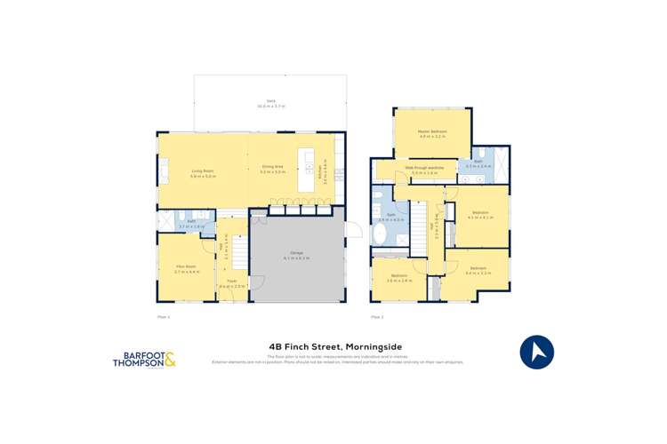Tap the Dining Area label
coord(272,172)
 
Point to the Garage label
coord(296,258)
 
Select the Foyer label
coord(232,286)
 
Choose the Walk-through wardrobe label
coord(424,169)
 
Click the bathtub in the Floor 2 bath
coord(381,237)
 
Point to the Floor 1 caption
coord(163,316)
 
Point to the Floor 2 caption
coord(376,316)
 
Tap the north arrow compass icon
coord(536,353)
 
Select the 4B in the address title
coord(277,347)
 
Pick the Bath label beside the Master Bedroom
coord(478,164)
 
